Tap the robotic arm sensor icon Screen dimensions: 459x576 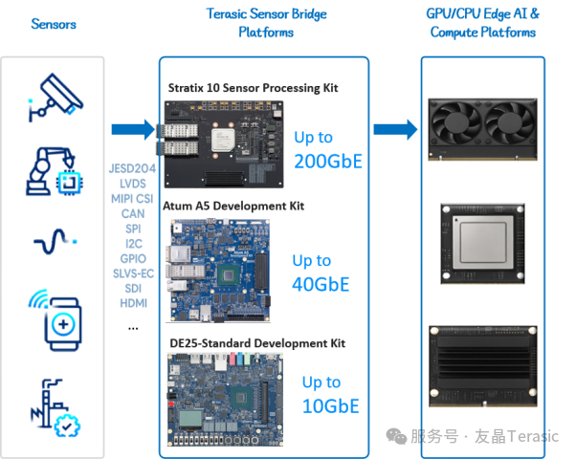[x=56, y=168]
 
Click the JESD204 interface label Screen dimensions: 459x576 [x=133, y=168]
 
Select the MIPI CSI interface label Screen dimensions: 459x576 [x=133, y=199]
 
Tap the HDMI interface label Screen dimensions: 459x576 [x=133, y=304]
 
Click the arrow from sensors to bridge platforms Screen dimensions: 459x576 [x=132, y=129]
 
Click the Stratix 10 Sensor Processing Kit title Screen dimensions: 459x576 [x=253, y=88]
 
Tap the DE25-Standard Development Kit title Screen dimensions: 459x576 [x=256, y=343]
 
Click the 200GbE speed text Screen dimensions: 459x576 [x=328, y=161]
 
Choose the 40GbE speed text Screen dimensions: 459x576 [x=321, y=284]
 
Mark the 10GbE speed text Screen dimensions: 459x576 [x=330, y=405]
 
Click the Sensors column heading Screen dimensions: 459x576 [x=54, y=24]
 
